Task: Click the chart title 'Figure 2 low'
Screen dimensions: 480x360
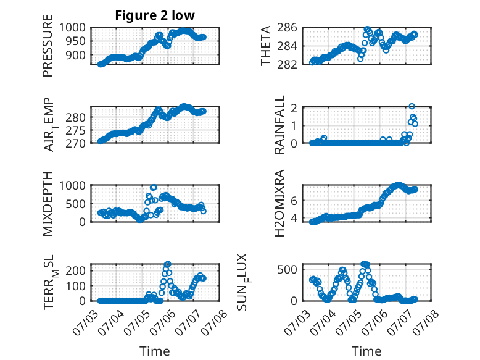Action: click(155, 15)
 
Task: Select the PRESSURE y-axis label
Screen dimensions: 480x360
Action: click(48, 46)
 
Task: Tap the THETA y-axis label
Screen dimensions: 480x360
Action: click(266, 46)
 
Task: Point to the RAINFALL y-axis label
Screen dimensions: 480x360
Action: click(279, 125)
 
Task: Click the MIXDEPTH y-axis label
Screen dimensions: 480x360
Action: click(48, 203)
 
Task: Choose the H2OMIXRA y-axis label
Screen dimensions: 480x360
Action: click(279, 203)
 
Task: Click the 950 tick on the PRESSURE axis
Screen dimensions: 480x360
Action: click(75, 41)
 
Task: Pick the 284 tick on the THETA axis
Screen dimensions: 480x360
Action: click(287, 46)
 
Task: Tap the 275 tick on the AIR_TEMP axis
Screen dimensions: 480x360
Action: click(76, 130)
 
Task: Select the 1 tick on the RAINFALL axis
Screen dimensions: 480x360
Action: click(294, 125)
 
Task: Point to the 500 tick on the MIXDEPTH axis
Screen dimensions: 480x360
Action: click(76, 204)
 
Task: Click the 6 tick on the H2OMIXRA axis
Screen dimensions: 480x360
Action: click(294, 201)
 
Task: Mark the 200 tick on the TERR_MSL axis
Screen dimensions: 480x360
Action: click(76, 270)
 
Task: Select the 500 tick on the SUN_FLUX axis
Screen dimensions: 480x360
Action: click(287, 270)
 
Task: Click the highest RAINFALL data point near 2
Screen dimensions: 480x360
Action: click(412, 106)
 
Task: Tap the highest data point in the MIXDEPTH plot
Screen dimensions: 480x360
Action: click(154, 187)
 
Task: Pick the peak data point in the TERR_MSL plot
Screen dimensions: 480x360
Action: click(167, 264)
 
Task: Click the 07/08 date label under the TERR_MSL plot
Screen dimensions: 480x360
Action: click(217, 322)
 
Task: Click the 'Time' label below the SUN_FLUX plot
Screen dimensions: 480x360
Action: click(366, 351)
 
